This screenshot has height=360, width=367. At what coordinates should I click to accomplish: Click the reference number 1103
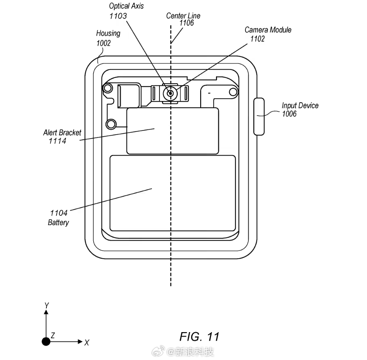click(118, 16)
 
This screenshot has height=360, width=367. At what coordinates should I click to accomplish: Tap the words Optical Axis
click(126, 6)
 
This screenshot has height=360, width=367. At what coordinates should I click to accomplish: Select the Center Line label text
click(183, 16)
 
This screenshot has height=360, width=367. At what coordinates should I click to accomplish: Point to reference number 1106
click(187, 23)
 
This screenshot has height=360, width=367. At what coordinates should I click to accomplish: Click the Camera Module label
click(268, 30)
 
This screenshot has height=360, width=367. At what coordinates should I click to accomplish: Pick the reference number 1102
click(258, 39)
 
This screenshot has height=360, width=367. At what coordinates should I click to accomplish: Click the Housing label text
click(108, 34)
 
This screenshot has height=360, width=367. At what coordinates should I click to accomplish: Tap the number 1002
click(103, 43)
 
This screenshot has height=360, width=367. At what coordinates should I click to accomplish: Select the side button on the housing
click(259, 116)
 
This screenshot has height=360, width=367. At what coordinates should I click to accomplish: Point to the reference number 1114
click(57, 141)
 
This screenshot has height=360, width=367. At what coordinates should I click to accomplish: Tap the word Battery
click(58, 222)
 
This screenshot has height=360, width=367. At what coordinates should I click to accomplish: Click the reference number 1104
click(59, 213)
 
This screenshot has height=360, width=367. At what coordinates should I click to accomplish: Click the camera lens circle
click(170, 93)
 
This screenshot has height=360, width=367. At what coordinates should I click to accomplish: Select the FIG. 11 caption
click(199, 337)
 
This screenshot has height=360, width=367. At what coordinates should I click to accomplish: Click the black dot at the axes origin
click(46, 341)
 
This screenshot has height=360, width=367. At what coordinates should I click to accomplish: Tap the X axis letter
click(86, 343)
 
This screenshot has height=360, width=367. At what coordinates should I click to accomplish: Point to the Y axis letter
click(47, 305)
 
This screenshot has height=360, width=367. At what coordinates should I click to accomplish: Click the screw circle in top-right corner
click(233, 92)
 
